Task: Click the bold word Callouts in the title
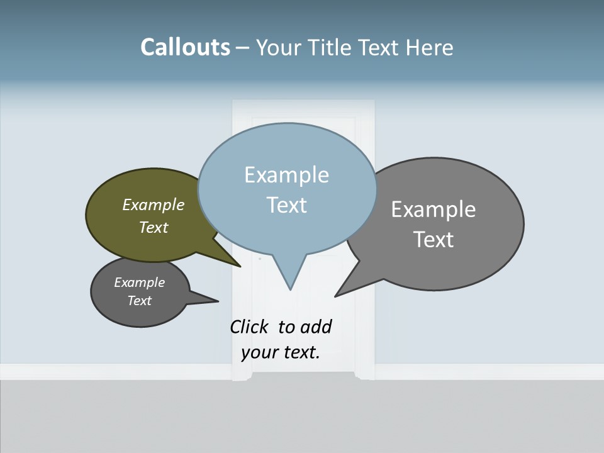click(x=185, y=47)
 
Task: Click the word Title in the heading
click(x=332, y=48)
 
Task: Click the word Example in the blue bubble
click(x=286, y=175)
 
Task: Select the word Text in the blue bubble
click(x=286, y=205)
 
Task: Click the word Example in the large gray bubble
click(x=433, y=210)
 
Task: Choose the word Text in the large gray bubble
click(x=433, y=240)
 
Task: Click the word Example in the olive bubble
click(x=153, y=205)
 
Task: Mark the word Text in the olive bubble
click(x=153, y=228)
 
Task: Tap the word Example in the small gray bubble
click(x=139, y=282)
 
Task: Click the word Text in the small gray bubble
click(x=139, y=301)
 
